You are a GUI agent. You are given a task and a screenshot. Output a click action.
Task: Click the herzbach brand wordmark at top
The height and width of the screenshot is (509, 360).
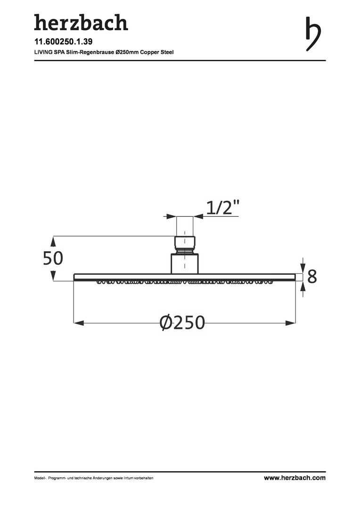pos(81,23)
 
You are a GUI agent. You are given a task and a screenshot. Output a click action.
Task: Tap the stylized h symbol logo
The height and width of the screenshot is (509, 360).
pos(313,34)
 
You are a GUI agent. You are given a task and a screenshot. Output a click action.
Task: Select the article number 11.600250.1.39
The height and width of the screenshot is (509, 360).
pos(63,41)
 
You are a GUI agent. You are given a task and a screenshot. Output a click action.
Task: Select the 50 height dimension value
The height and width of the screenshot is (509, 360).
pos(53,258)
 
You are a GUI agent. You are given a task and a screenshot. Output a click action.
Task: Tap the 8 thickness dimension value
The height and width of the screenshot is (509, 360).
pos(312,277)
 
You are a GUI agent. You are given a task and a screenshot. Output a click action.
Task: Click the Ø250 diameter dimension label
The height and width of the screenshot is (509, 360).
pos(182,322)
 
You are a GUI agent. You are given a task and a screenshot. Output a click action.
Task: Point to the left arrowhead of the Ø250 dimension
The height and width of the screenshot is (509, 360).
pos(79,323)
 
